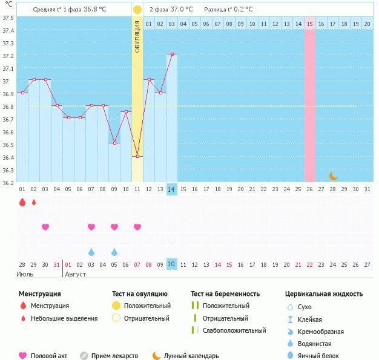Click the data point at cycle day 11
pyautogui.click(x=137, y=157)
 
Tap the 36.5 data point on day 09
pyautogui.click(x=114, y=143)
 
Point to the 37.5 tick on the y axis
pyautogui.click(x=8, y=17)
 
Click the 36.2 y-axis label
pyautogui.click(x=8, y=182)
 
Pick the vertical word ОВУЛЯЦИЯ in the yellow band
pyautogui.click(x=137, y=36)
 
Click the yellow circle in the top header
pyautogui.click(x=137, y=10)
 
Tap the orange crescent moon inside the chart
pyautogui.click(x=333, y=176)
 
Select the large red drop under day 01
pyautogui.click(x=22, y=203)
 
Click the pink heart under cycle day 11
pyautogui.click(x=137, y=227)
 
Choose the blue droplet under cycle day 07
pyautogui.click(x=91, y=252)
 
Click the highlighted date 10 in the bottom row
pyautogui.click(x=172, y=264)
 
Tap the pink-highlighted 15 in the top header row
pyautogui.click(x=310, y=24)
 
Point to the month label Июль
pyautogui.click(x=25, y=274)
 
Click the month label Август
pyautogui.click(x=76, y=274)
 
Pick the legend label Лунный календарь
pyautogui.click(x=191, y=356)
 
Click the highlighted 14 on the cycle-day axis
pyautogui.click(x=172, y=189)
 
